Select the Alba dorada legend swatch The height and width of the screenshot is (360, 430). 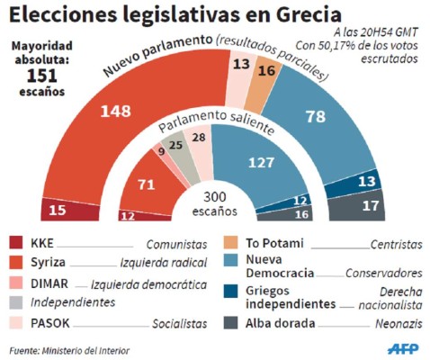229,322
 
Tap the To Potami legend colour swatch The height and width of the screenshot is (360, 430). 229,243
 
